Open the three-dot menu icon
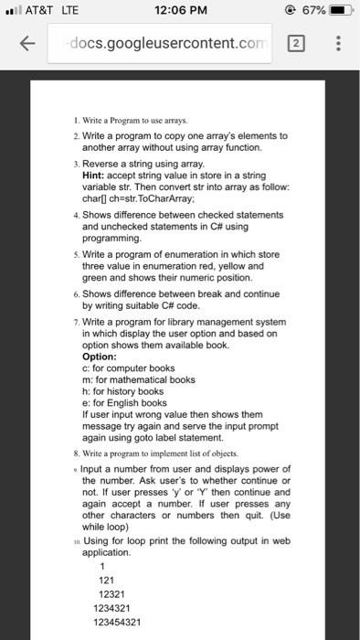coord(335,44)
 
